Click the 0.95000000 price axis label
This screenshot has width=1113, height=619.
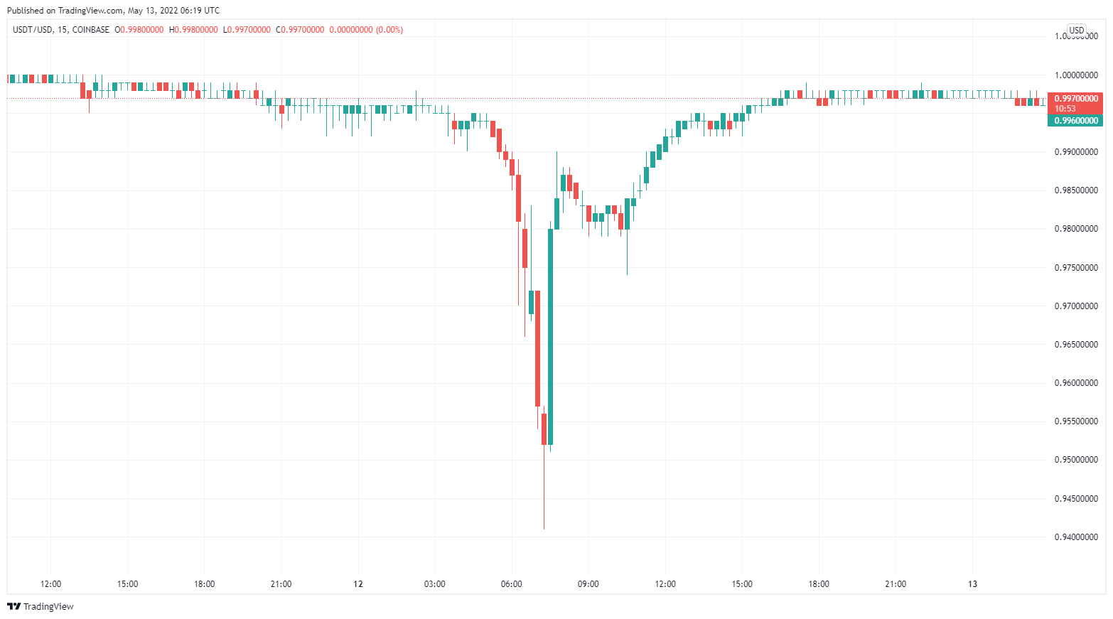click(1075, 460)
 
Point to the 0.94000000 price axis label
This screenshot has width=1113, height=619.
click(1075, 537)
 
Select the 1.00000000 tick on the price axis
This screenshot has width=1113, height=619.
click(1075, 75)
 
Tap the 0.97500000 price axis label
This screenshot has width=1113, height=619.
click(1075, 268)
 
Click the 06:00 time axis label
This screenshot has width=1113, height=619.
click(511, 584)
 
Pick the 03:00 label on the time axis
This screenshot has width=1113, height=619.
click(434, 584)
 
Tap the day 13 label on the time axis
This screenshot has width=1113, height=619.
click(972, 584)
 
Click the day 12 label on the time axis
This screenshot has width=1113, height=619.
click(358, 584)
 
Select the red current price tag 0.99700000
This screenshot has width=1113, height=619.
click(1075, 99)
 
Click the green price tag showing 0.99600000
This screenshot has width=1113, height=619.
click(1075, 121)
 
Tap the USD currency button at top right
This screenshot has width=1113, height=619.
click(1077, 30)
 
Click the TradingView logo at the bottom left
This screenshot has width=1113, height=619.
click(41, 606)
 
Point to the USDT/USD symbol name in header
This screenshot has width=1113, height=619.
click(33, 30)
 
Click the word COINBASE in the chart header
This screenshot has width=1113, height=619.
click(91, 30)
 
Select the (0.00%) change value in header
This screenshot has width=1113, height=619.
click(389, 30)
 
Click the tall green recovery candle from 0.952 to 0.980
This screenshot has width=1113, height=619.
click(551, 338)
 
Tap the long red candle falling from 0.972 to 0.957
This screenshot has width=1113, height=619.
click(537, 348)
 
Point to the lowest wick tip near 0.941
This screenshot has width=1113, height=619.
click(544, 528)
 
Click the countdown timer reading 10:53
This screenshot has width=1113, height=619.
click(1065, 109)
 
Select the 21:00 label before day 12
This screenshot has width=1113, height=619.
click(281, 584)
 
